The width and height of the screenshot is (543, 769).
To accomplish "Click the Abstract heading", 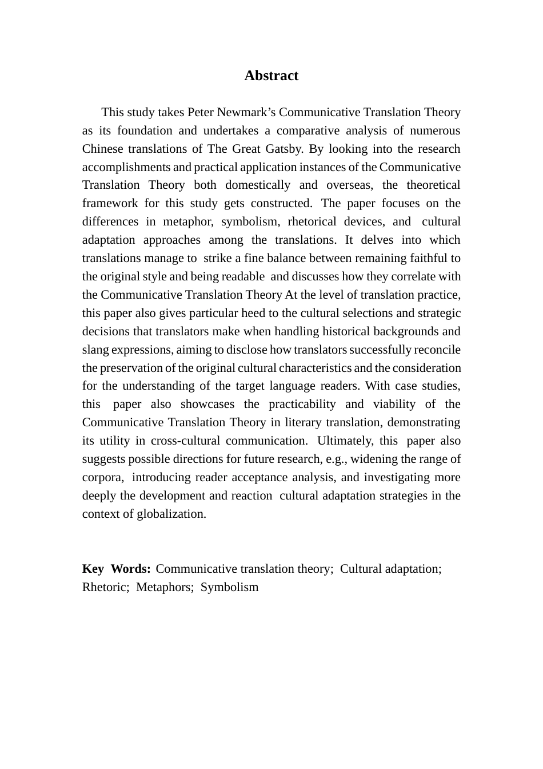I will tap(271, 76).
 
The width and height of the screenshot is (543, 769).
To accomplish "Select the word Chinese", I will tap(102, 149).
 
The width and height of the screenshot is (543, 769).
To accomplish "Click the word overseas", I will tap(350, 185).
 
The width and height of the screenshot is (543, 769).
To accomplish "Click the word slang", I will tap(94, 350).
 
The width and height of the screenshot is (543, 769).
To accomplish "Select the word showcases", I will tap(207, 404).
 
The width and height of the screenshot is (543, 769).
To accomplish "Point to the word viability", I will tap(394, 404).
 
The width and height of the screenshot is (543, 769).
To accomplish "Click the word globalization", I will tap(171, 514).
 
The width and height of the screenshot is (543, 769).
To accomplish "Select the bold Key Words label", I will tap(117, 569).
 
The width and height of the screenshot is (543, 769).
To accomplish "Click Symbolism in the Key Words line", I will tap(229, 587).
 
